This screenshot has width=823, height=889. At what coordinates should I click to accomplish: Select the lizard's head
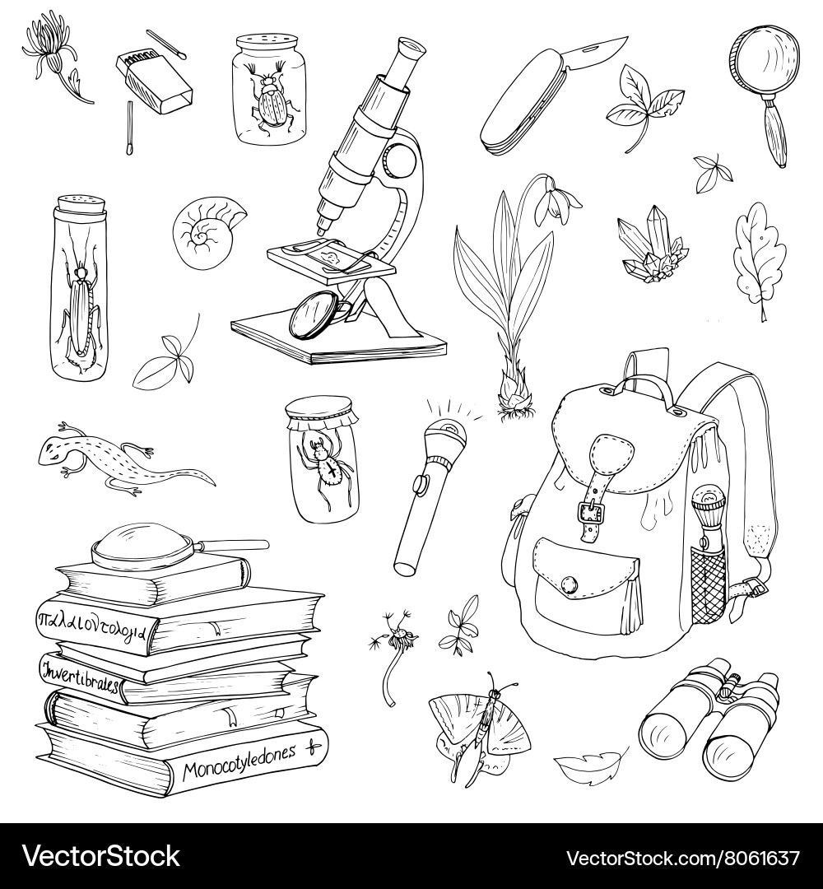point(54,449)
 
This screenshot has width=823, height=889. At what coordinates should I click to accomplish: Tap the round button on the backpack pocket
point(569,583)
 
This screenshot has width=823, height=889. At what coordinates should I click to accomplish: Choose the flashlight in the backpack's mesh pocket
point(706,535)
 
